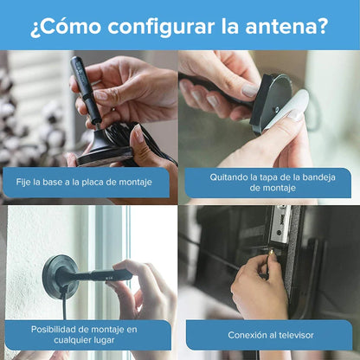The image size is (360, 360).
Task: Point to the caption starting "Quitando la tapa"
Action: [270, 182]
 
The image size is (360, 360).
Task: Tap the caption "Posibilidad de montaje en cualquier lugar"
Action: [83, 334]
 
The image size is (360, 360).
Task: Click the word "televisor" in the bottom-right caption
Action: [294, 334]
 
